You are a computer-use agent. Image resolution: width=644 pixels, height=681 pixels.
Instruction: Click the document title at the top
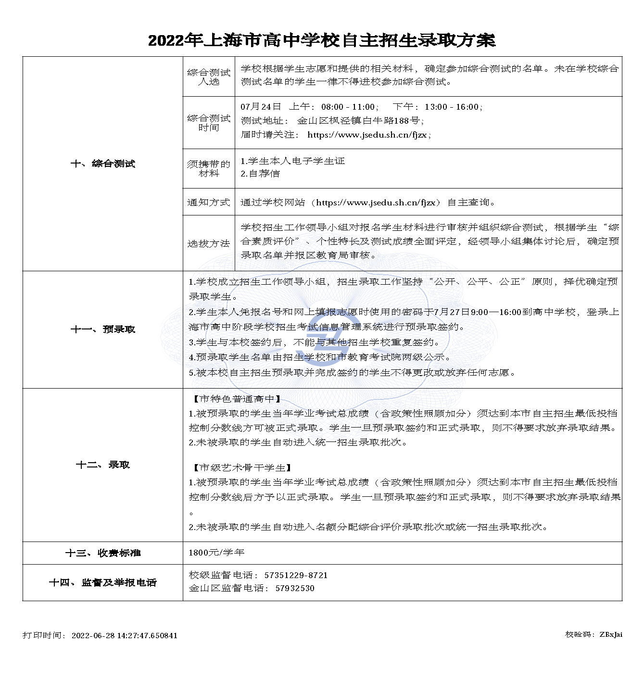[x=321, y=40]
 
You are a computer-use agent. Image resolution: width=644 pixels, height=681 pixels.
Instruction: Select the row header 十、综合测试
[x=103, y=164]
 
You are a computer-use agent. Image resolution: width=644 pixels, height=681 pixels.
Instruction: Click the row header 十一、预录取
[x=103, y=329]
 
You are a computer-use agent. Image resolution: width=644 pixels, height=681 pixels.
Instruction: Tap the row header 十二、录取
[x=103, y=465]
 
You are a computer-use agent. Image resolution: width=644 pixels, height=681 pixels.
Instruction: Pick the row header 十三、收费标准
[x=103, y=553]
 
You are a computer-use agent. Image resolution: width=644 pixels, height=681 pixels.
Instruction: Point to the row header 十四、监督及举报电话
[x=103, y=582]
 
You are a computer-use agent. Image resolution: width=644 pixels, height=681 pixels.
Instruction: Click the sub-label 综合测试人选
[x=209, y=77]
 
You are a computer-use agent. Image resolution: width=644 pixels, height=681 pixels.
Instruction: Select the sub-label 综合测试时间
[x=209, y=123]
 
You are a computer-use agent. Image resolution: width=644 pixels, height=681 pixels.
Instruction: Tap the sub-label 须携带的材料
[x=209, y=168]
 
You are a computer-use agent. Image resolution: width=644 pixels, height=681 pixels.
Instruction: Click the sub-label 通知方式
[x=209, y=202]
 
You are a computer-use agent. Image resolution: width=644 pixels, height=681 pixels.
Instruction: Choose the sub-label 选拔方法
[x=209, y=243]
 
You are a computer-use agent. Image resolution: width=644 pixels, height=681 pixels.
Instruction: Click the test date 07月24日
[x=261, y=107]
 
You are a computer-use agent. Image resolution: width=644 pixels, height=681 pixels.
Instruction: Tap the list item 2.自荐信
[x=260, y=174]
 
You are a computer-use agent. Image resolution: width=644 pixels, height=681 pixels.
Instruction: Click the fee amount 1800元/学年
[x=216, y=553]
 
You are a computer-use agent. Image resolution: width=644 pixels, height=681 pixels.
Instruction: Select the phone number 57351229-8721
[x=296, y=575]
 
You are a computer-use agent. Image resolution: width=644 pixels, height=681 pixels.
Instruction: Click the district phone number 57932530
[x=295, y=588]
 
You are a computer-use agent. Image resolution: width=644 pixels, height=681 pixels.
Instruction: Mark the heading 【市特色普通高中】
[x=237, y=399]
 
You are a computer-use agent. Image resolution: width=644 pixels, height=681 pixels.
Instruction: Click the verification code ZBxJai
[x=611, y=634]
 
